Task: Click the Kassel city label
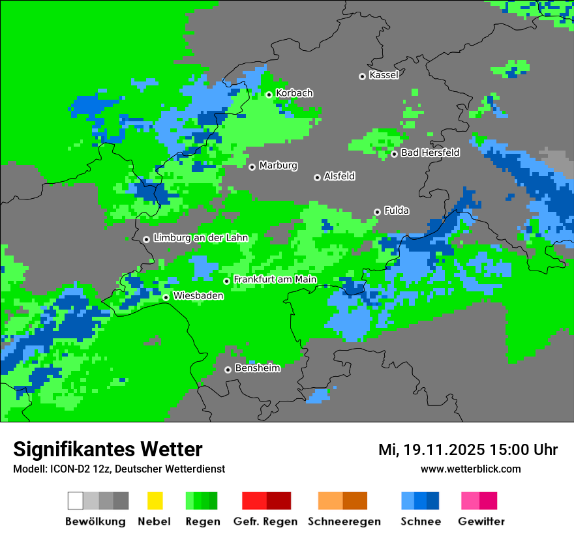pos(384,75)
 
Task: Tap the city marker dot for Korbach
pos(269,95)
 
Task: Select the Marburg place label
pos(278,166)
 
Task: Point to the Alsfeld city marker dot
pos(318,177)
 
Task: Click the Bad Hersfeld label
pos(430,153)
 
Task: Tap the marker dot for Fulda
pos(378,212)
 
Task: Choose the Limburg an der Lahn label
pos(200,238)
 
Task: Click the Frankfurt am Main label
pos(275,280)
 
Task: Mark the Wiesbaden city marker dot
pos(166,297)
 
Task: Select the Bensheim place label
pos(257,368)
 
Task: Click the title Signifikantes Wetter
pos(108,449)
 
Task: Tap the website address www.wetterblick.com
pos(470,469)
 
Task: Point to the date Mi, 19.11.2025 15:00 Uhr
pos(468,450)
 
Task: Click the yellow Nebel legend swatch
pos(155,501)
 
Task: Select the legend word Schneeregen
pos(344,521)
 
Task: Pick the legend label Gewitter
pos(481,521)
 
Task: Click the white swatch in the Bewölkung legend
pos(76,501)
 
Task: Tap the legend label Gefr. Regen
pos(265,521)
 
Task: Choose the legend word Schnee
pos(420,521)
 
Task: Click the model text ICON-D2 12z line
pos(119,469)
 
